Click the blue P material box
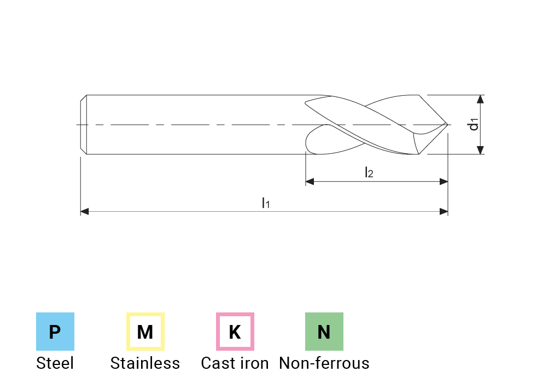tap(55, 332)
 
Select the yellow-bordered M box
tap(145, 332)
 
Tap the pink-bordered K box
tap(235, 332)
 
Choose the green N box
tap(324, 332)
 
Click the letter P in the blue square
tap(55, 332)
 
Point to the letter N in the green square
tap(324, 332)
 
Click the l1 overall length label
tap(266, 204)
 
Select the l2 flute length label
tap(370, 173)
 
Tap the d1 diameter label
tap(474, 125)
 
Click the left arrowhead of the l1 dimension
tap(85, 212)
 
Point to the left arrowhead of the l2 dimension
tap(310, 182)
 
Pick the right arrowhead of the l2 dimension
tap(444, 182)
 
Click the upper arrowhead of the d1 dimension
tap(480, 100)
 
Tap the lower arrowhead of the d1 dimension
tap(480, 150)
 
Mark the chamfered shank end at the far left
tap(83, 125)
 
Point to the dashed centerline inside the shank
tap(191, 124)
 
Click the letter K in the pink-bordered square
tap(235, 332)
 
